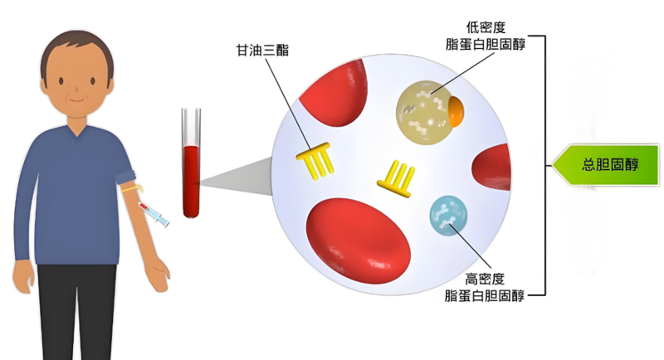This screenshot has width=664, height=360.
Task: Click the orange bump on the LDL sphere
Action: pyautogui.click(x=455, y=109)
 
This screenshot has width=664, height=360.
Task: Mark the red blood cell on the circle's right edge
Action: pyautogui.click(x=495, y=166)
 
